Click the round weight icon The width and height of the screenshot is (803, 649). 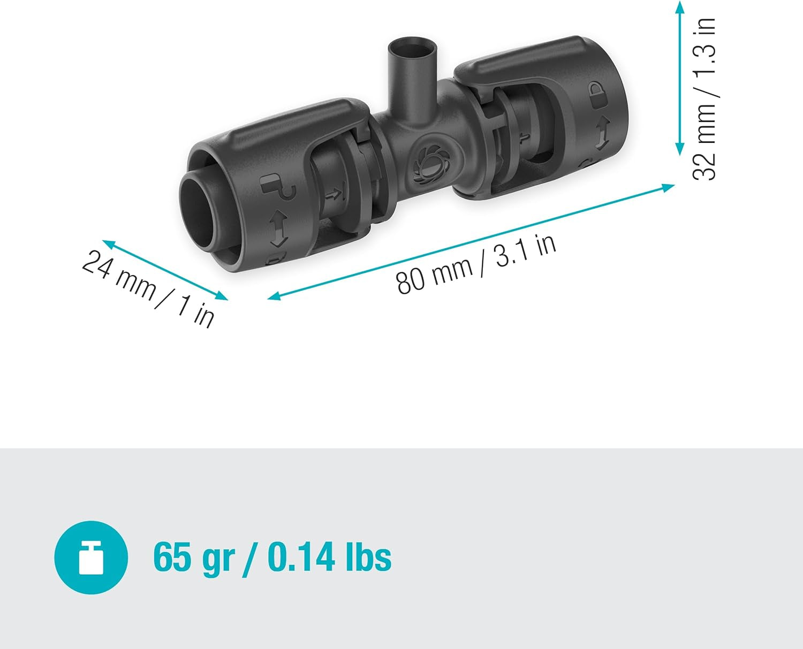91,557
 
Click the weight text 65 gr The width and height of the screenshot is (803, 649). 194,558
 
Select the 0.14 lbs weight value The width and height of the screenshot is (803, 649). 329,557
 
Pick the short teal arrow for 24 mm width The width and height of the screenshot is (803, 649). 165,270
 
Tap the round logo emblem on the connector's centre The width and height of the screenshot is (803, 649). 428,164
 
